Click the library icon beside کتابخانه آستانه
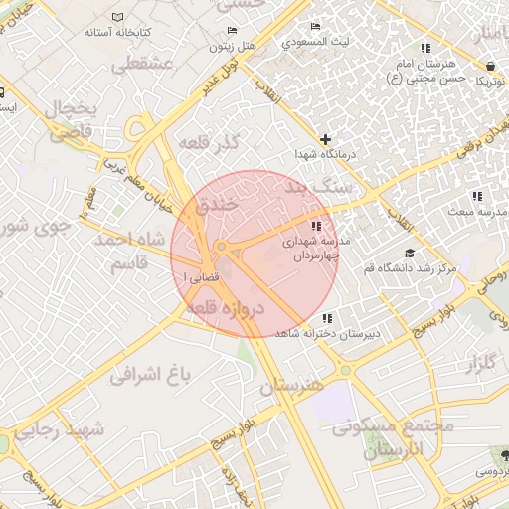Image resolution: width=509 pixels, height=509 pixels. tap(119, 19)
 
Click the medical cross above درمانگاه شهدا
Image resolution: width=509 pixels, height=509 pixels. tap(325, 138)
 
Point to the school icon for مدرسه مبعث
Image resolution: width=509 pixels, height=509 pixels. tap(477, 196)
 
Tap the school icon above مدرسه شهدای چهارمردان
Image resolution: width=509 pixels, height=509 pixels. tap(316, 225)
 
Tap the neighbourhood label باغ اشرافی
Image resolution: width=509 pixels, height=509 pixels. tap(149, 376)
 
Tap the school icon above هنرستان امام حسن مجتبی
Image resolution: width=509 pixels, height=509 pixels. tap(425, 48)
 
